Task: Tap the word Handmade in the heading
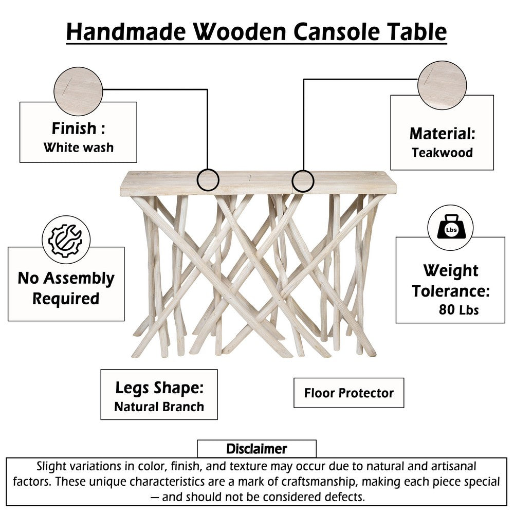[126, 31]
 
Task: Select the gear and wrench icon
[66, 240]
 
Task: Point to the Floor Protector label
[349, 393]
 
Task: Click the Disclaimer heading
[256, 449]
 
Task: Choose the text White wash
[79, 147]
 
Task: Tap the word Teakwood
[442, 153]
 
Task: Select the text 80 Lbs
[458, 309]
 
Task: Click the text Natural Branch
[159, 407]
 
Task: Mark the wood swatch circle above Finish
[78, 91]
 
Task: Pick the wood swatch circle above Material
[442, 85]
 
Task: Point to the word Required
[66, 298]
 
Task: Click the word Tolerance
[451, 291]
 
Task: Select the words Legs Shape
[159, 388]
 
